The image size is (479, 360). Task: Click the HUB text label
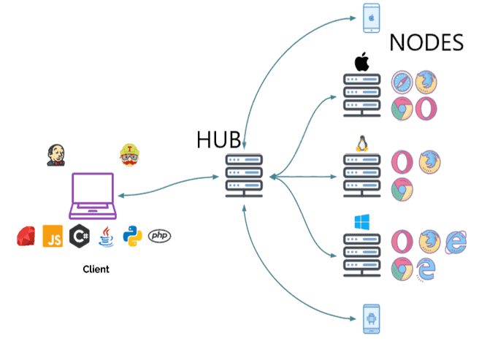click(x=218, y=139)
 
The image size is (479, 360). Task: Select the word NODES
click(x=426, y=42)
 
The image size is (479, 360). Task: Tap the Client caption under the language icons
click(x=96, y=269)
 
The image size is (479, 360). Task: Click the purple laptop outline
click(x=93, y=196)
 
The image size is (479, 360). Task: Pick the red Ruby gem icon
click(x=27, y=236)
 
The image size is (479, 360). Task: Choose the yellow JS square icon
click(x=53, y=236)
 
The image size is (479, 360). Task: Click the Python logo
click(x=132, y=236)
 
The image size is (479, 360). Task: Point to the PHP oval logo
click(x=159, y=236)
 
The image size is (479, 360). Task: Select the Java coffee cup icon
click(x=107, y=236)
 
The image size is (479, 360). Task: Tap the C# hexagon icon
click(x=80, y=236)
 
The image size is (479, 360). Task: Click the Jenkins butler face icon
click(x=55, y=155)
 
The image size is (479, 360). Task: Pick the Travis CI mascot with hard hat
click(x=129, y=155)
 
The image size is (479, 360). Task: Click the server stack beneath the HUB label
click(x=243, y=176)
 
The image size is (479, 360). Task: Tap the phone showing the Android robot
click(x=372, y=318)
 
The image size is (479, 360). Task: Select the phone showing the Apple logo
click(x=372, y=18)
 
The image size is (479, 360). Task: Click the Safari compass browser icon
click(x=402, y=83)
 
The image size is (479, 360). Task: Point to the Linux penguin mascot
click(x=361, y=142)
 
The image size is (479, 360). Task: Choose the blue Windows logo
click(x=362, y=222)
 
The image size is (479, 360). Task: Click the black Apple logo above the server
click(x=362, y=62)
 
